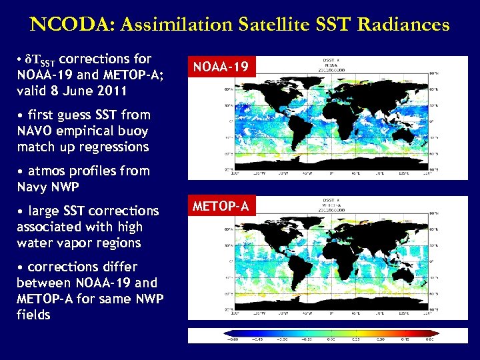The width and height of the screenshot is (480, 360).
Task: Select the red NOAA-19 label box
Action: [221, 66]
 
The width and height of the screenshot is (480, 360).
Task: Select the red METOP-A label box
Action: [221, 207]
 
